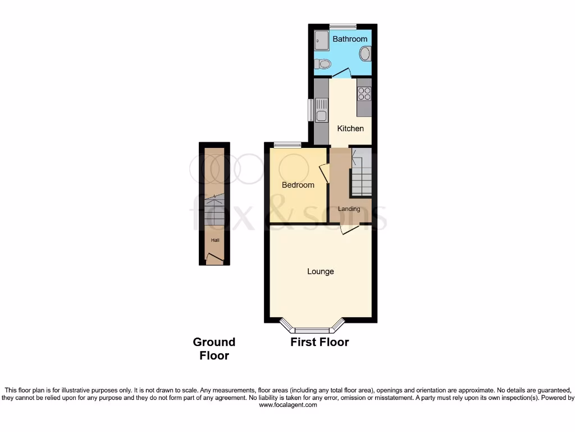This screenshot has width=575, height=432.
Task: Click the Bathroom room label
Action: click(x=350, y=39)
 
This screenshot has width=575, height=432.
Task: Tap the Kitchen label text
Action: click(x=350, y=128)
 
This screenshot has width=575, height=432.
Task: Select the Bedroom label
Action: click(x=298, y=184)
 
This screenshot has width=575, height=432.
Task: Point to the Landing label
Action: click(x=349, y=209)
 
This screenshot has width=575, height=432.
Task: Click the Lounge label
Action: click(x=321, y=271)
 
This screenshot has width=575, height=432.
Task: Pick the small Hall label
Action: click(x=215, y=240)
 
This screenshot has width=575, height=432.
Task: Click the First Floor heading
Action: click(x=320, y=342)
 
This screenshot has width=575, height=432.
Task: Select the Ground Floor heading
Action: click(x=214, y=349)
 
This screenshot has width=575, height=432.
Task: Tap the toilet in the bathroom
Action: click(x=322, y=64)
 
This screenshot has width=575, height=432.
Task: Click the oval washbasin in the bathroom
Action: click(x=365, y=55)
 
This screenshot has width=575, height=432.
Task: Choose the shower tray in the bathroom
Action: click(x=322, y=40)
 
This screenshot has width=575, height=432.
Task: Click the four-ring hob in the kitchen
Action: click(x=364, y=93)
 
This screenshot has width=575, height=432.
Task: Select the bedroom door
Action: click(x=324, y=172)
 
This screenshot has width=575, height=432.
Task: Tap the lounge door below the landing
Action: click(x=349, y=229)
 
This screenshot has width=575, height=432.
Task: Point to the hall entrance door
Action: click(x=215, y=259)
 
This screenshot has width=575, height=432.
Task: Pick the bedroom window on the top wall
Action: click(x=287, y=145)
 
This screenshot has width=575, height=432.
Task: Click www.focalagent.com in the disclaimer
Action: click(x=287, y=404)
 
